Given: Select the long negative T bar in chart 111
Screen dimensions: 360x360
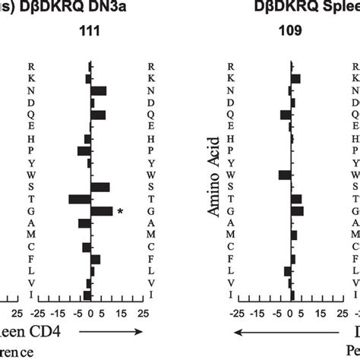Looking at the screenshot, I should (80, 199).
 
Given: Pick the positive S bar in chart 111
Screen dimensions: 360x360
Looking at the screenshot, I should (100, 187).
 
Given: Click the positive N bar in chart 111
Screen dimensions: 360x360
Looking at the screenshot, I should (99, 90).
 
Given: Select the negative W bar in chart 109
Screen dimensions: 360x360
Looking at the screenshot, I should (285, 175).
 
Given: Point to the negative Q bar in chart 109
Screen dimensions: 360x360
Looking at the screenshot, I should (286, 115).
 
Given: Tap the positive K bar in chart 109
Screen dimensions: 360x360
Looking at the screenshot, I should (296, 78).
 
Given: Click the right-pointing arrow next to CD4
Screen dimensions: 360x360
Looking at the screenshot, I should (111, 332).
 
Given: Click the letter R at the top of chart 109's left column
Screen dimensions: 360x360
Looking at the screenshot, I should (231, 66).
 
